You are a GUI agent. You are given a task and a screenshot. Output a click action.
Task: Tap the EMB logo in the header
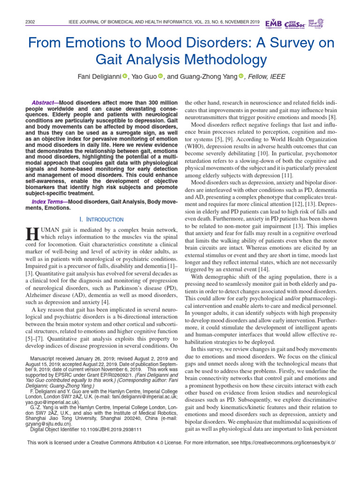(274, 23)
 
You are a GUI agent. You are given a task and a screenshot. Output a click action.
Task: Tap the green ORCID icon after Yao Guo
(160, 76)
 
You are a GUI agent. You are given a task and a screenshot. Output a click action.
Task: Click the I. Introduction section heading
(102, 219)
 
